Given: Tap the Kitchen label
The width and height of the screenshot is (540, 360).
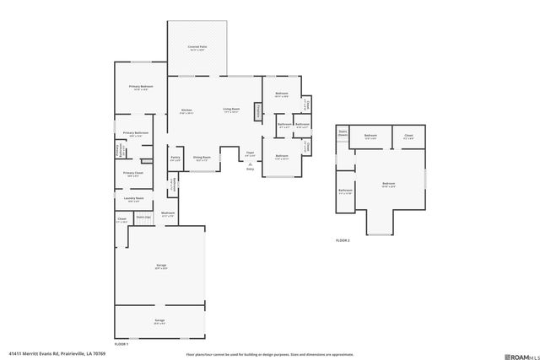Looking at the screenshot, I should pyautogui.click(x=186, y=110).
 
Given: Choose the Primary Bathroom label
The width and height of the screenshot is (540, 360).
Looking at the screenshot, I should pyautogui.click(x=136, y=133).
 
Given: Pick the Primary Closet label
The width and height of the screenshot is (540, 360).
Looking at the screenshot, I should pyautogui.click(x=133, y=174).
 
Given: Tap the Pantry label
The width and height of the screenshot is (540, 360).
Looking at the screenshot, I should pyautogui.click(x=175, y=157).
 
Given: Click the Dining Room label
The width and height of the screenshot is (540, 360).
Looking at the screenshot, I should pyautogui.click(x=202, y=158).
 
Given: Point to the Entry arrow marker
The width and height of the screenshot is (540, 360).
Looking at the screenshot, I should pyautogui.click(x=250, y=168).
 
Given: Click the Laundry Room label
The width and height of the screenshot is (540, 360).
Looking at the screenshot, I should pyautogui.click(x=133, y=199).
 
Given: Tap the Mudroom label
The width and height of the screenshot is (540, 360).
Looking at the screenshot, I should pyautogui.click(x=168, y=213).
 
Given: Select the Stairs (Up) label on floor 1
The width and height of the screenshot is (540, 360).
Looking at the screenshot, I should pyautogui.click(x=143, y=218).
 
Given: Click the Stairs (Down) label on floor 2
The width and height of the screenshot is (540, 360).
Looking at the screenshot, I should pyautogui.click(x=343, y=132).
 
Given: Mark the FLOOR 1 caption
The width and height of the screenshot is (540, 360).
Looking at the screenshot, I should pyautogui.click(x=121, y=345).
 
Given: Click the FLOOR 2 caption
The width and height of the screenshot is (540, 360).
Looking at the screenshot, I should pyautogui.click(x=343, y=240).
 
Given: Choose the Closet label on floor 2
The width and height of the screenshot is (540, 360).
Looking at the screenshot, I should pyautogui.click(x=408, y=136).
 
